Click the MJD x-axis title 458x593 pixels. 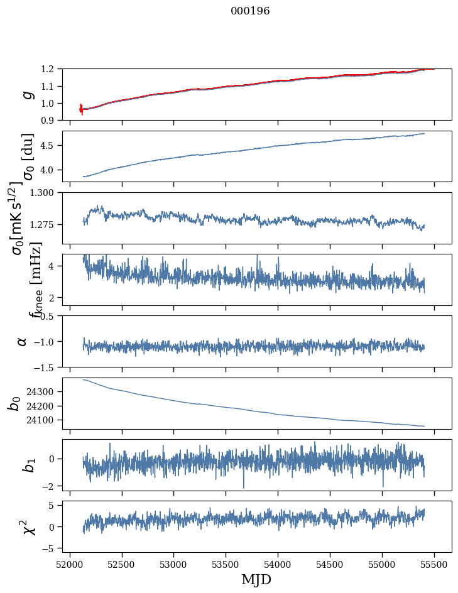tap(256, 579)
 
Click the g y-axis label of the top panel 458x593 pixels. tap(26, 94)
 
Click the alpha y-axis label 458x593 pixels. tap(22, 341)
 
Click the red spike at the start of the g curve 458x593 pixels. tap(81, 109)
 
